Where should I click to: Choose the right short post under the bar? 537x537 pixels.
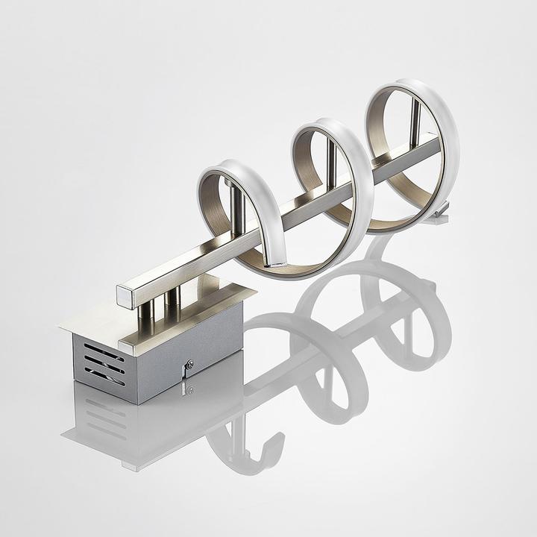[x=173, y=300]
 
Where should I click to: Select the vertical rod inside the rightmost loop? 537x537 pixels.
[x=415, y=119]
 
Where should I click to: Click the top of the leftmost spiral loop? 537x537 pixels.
[x=224, y=166]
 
